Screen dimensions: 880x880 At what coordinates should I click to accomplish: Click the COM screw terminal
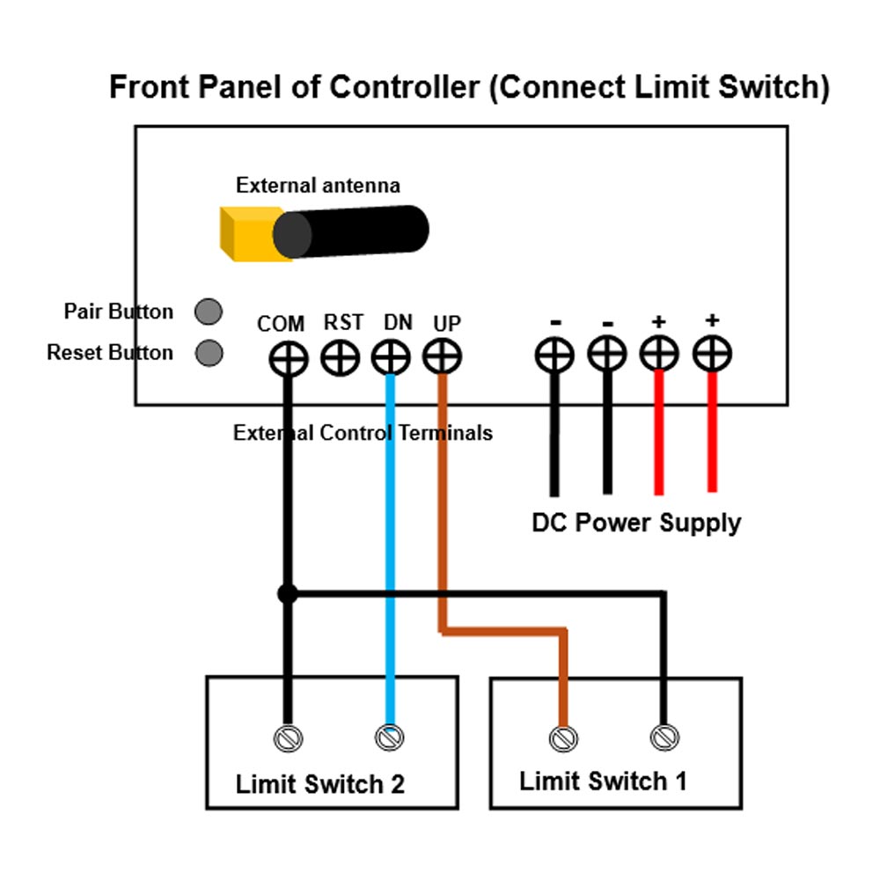288,358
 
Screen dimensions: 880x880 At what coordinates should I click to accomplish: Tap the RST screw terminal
340,358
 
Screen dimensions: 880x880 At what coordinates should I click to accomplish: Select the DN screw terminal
391,358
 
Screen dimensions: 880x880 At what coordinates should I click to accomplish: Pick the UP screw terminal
442,357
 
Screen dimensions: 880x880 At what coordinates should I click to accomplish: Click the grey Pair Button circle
208,311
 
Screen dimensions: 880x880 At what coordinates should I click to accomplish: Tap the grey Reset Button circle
208,353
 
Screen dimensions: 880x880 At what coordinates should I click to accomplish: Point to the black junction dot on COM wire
287,595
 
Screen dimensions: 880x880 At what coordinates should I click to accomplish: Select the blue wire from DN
390,528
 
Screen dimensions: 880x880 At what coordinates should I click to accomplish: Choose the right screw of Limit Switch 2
389,737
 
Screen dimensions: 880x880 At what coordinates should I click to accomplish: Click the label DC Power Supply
636,523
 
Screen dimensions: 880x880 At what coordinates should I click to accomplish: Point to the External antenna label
318,186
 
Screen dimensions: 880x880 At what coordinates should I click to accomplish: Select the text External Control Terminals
363,433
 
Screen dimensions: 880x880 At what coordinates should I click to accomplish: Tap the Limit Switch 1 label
603,781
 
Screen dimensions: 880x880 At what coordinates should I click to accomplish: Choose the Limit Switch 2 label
320,784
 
